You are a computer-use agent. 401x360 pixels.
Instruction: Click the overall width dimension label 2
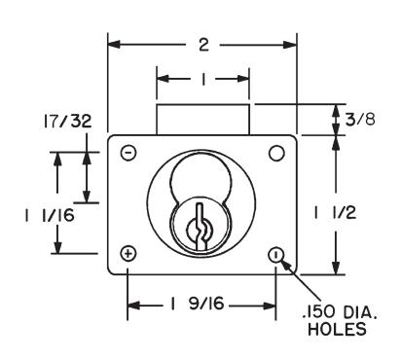pos(203,45)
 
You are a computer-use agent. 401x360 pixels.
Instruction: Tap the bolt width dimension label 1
pos(203,79)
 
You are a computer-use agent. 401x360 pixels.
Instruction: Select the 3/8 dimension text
pos(360,119)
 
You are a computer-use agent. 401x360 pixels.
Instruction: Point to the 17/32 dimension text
pos(67,121)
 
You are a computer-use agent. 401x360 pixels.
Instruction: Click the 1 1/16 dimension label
pos(50,215)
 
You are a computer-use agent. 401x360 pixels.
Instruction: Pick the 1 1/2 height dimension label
pos(335,213)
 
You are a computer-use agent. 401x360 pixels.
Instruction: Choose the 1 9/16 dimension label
pos(197,304)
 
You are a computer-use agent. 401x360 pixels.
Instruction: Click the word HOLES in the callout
pos(337,329)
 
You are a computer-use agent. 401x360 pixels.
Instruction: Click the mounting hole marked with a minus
pos(128,153)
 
